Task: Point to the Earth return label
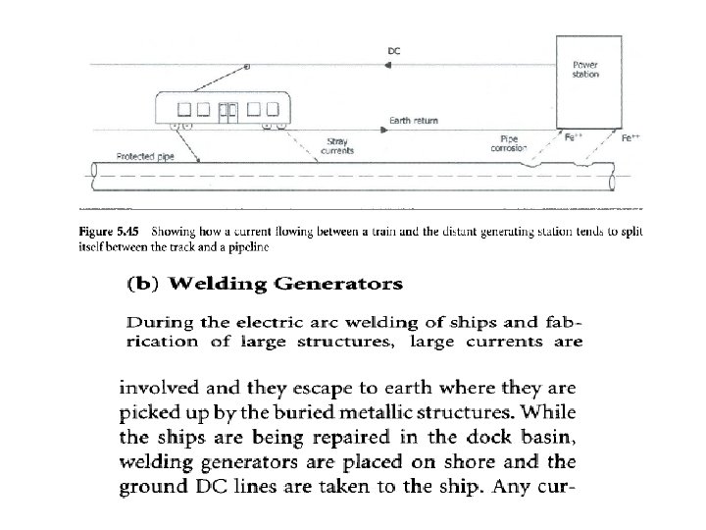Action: [414, 121]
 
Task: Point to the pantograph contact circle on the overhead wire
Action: [247, 67]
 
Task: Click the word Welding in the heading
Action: [215, 286]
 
